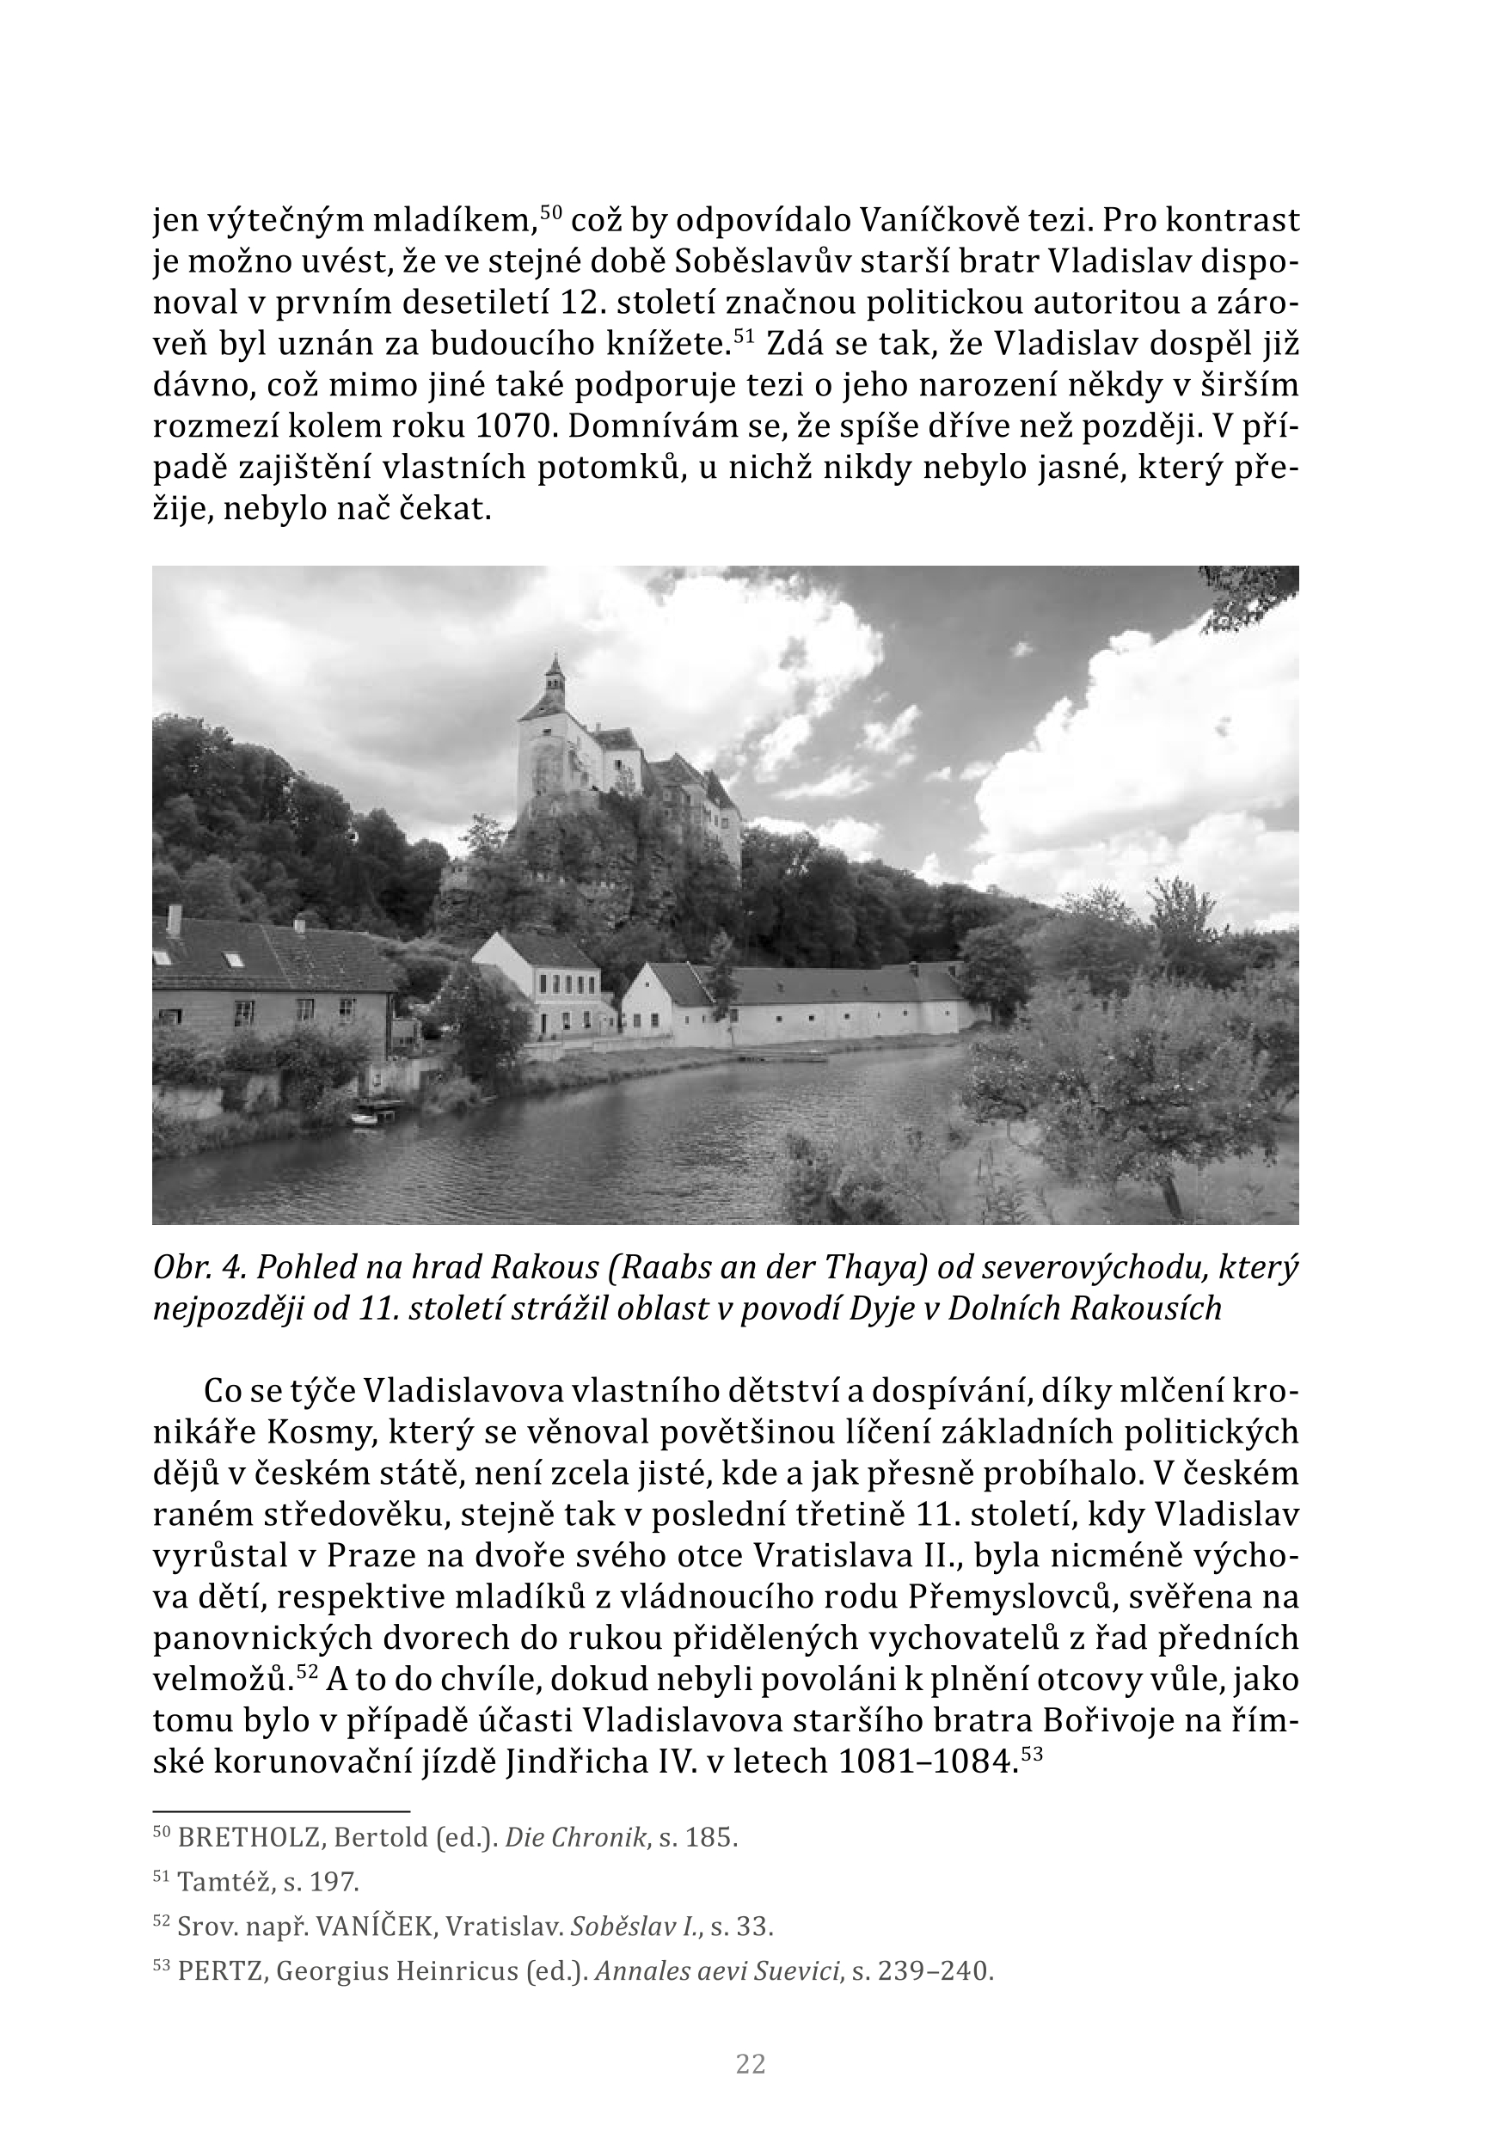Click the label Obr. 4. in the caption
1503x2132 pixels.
click(x=196, y=1267)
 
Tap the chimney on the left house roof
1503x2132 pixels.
click(x=173, y=920)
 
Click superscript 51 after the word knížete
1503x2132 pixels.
click(x=740, y=334)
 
